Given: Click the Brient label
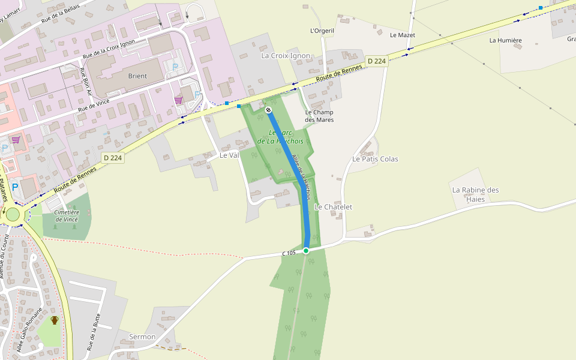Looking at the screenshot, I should pyautogui.click(x=137, y=76).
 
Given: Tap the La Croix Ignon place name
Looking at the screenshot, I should pyautogui.click(x=286, y=56).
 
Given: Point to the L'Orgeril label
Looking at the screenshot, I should pyautogui.click(x=322, y=31).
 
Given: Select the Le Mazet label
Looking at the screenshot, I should pyautogui.click(x=402, y=35).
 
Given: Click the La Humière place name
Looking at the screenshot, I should pyautogui.click(x=505, y=41).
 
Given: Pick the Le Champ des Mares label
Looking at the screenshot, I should pyautogui.click(x=319, y=116).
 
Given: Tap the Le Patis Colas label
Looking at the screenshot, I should pyautogui.click(x=375, y=159).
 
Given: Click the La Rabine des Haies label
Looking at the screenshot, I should pyautogui.click(x=475, y=194).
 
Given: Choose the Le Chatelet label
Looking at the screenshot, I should pyautogui.click(x=333, y=207).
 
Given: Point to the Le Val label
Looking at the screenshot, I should pyautogui.click(x=229, y=155).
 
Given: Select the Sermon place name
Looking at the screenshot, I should pyautogui.click(x=142, y=337).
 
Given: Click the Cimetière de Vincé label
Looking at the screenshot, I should pyautogui.click(x=67, y=216).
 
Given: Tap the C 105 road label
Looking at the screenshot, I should pyautogui.click(x=289, y=253).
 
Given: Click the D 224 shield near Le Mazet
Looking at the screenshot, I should pyautogui.click(x=377, y=61).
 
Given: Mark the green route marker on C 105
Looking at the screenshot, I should pyautogui.click(x=306, y=250).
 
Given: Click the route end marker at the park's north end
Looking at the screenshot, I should pyautogui.click(x=268, y=110).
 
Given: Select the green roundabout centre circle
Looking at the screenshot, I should pyautogui.click(x=13, y=214).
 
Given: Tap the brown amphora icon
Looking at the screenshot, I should pyautogui.click(x=55, y=320).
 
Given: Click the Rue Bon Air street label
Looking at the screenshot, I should pyautogui.click(x=85, y=82).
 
